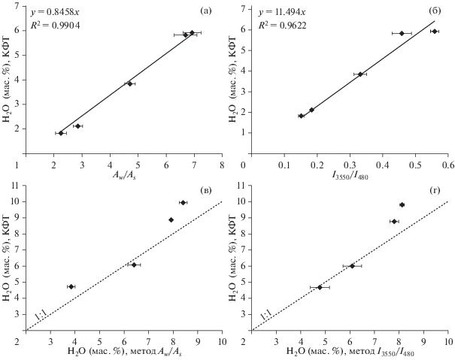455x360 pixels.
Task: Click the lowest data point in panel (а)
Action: pos(61,133)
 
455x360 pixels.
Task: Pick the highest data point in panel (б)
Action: pos(434,32)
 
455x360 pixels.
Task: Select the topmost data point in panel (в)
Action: pos(183,203)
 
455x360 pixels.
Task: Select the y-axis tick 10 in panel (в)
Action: pos(17,202)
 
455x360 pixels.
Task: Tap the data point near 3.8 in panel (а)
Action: pos(129,83)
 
